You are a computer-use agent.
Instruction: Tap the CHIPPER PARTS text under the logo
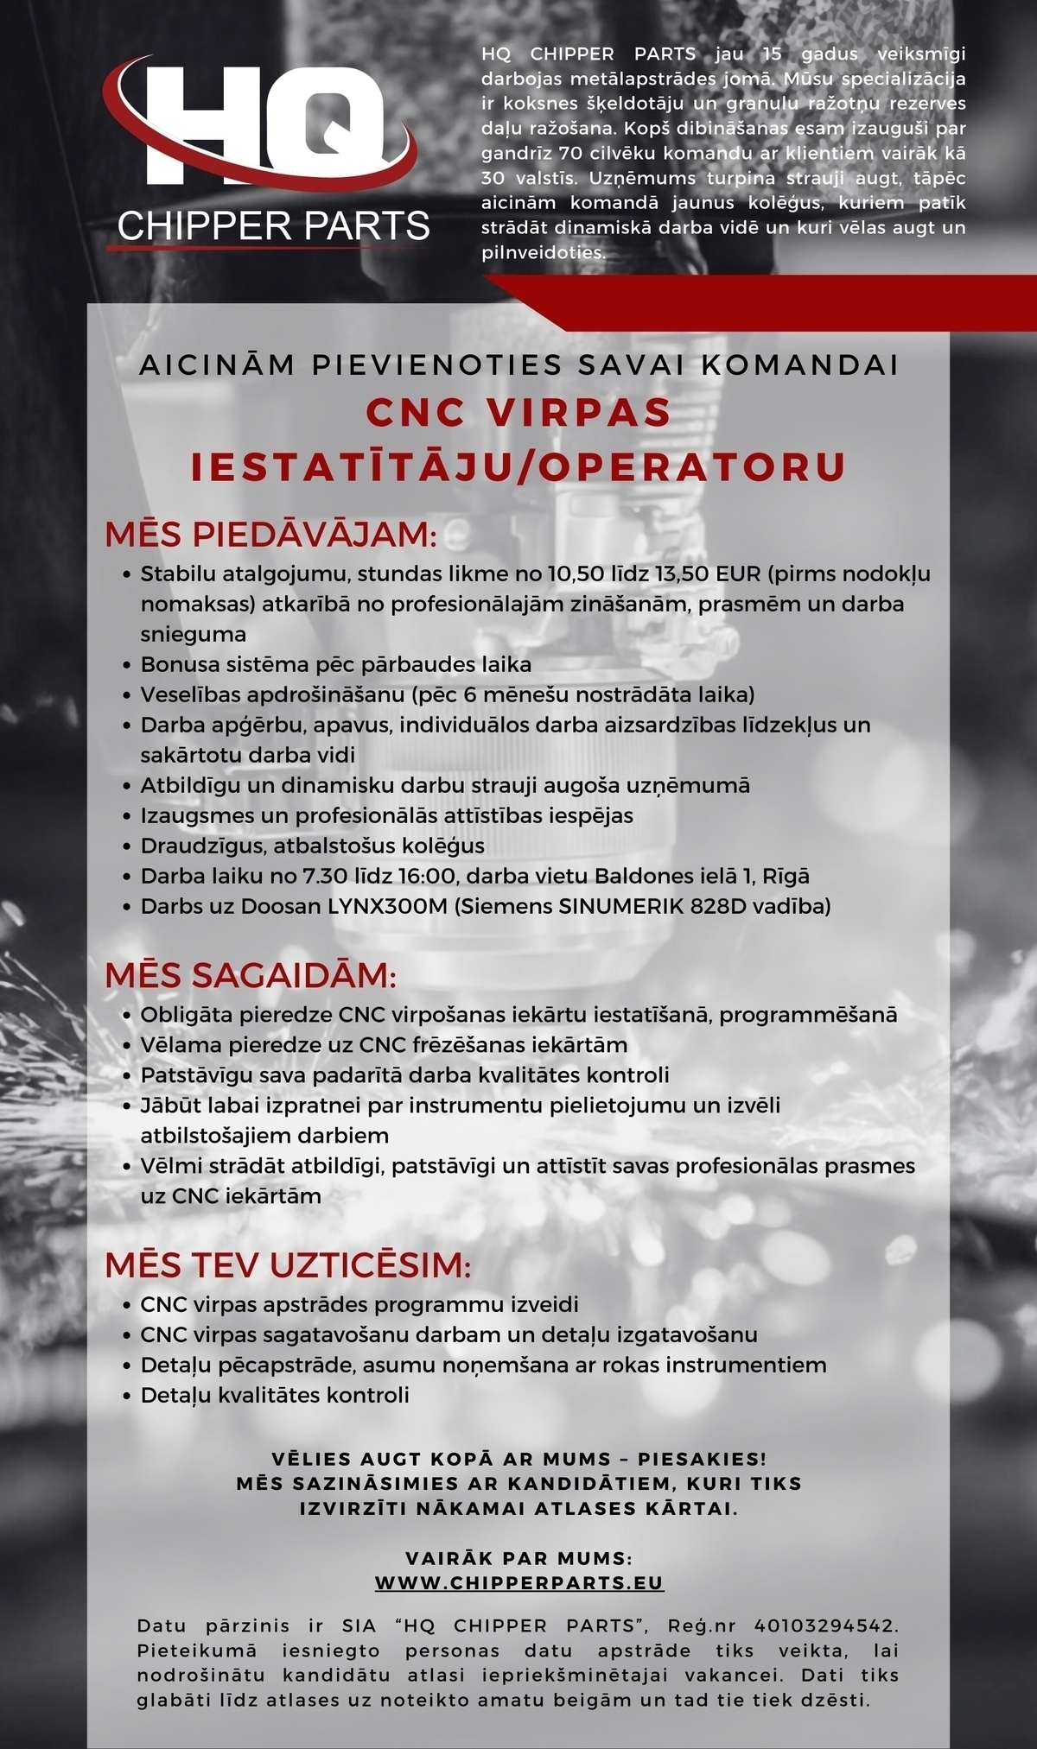pos(273,226)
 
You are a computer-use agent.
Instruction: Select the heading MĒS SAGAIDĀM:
pos(251,976)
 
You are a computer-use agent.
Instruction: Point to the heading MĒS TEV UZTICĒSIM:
pos(288,1266)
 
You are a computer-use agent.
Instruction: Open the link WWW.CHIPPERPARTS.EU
pos(519,1583)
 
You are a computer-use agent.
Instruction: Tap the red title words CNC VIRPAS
pos(518,412)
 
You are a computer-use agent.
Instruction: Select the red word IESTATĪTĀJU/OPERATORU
pos(518,466)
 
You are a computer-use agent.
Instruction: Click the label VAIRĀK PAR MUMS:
pos(519,1559)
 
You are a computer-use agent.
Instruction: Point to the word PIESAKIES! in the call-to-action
pos(702,1460)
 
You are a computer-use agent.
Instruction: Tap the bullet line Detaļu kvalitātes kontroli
pos(275,1395)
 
